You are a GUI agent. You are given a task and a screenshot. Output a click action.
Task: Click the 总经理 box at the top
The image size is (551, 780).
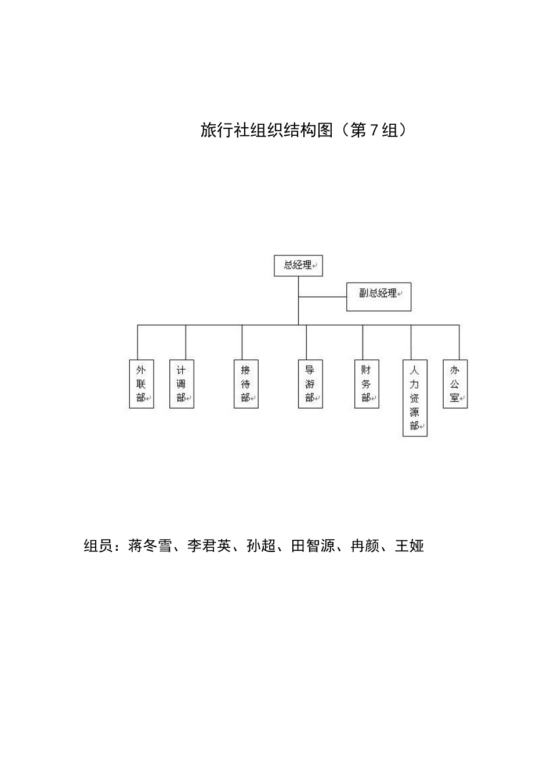(298, 266)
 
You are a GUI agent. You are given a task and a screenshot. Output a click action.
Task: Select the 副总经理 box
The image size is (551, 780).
(378, 297)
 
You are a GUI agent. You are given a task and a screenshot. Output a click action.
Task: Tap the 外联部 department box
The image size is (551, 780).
(141, 384)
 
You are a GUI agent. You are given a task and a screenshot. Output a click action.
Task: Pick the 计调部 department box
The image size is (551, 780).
(182, 384)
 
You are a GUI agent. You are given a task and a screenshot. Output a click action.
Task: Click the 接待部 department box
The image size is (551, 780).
(246, 384)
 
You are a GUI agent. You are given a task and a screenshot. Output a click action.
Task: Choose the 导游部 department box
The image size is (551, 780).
(310, 384)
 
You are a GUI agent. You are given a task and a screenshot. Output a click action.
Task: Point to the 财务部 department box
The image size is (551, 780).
(367, 384)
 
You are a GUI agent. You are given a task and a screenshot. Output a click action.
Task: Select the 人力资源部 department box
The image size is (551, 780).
(415, 398)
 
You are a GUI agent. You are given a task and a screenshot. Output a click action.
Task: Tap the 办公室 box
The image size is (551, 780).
(455, 384)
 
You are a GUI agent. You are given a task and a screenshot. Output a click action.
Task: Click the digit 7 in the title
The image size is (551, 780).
(374, 131)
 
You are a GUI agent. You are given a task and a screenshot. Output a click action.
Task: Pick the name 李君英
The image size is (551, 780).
(209, 546)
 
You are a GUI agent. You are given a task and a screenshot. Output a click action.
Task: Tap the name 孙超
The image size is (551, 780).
(261, 546)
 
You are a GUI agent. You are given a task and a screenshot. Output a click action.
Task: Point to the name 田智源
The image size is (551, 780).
(313, 546)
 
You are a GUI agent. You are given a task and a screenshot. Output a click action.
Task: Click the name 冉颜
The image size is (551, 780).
(365, 546)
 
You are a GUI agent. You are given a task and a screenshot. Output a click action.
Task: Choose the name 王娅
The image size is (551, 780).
(409, 546)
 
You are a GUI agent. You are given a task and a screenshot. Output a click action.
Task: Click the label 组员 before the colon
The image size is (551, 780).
(98, 546)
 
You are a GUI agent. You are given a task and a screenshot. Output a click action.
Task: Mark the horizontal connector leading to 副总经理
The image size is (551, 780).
(322, 297)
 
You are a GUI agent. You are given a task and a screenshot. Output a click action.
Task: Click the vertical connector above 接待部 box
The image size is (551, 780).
(242, 342)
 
